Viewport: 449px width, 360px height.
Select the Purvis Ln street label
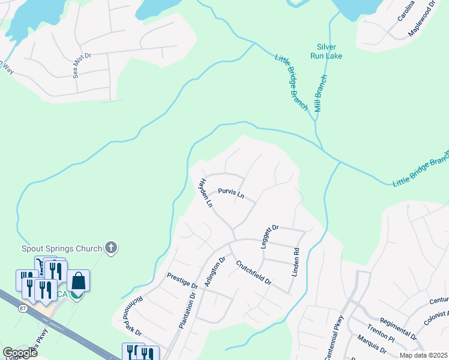[231, 194]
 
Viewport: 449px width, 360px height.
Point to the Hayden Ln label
[206, 193]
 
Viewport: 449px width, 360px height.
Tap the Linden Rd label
[295, 262]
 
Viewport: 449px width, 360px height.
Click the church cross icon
[110, 247]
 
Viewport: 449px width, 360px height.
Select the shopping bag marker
[79, 280]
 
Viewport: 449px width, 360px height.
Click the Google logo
[19, 353]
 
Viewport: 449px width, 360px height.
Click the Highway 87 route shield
[23, 308]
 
